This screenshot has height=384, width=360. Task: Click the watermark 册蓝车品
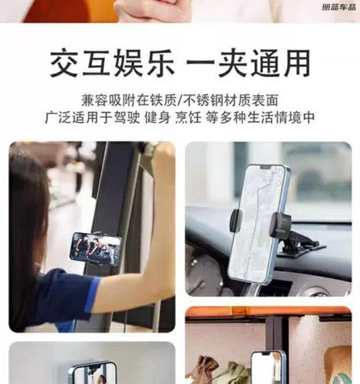pos(339,7)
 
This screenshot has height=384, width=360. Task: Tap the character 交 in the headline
pos(65,63)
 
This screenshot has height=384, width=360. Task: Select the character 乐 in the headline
pos(160,63)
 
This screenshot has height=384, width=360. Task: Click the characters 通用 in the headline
pos(281,63)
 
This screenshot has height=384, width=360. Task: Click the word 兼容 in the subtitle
pos(95,100)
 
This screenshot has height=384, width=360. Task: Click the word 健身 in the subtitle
pos(157,118)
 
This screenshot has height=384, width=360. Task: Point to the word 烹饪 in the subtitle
pos(188,118)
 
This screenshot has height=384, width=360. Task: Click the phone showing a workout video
pos(96,249)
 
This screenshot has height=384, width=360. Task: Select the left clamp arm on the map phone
pos(236,221)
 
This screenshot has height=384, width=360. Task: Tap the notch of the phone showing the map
pos(266,167)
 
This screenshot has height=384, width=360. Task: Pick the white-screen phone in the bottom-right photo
pos(268,367)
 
